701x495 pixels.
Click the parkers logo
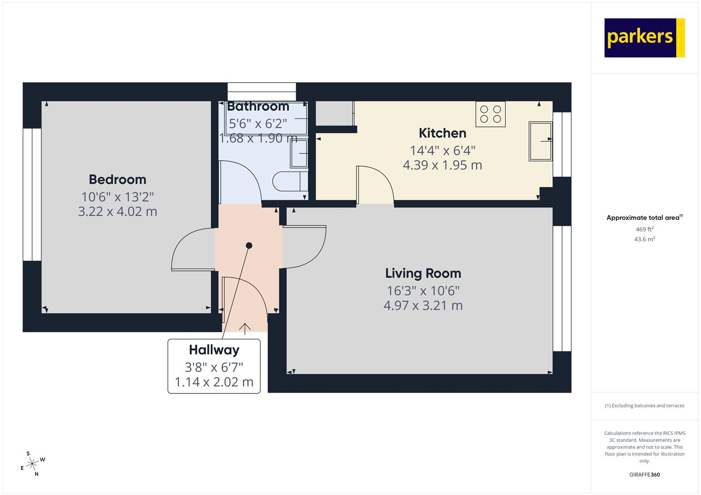click(x=644, y=38)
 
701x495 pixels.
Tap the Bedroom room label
click(x=117, y=179)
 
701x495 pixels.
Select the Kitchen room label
click(x=442, y=133)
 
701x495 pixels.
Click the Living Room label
click(x=423, y=274)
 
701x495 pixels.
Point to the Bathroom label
click(x=258, y=107)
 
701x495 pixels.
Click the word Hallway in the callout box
click(x=214, y=350)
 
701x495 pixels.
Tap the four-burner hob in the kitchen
click(x=490, y=114)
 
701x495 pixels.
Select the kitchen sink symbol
click(x=540, y=141)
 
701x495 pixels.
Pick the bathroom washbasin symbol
click(x=299, y=153)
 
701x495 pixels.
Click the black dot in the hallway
click(x=249, y=246)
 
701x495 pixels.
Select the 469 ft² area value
click(x=644, y=229)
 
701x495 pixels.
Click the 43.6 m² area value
click(x=644, y=239)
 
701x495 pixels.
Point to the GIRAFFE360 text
click(x=644, y=474)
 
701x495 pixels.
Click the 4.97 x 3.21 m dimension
click(x=423, y=305)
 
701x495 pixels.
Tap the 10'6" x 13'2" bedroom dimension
click(x=117, y=197)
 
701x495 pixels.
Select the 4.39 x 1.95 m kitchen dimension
click(x=442, y=165)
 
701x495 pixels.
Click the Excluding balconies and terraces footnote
click(x=644, y=406)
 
